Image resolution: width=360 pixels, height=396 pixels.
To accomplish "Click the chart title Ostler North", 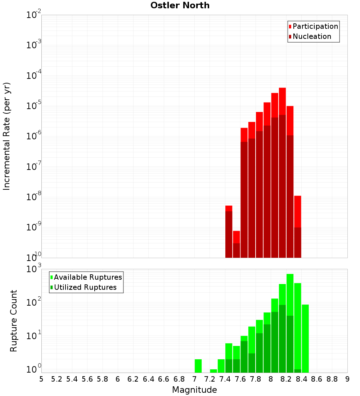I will [180, 5].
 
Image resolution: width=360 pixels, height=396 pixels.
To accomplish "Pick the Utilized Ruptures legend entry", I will [85, 287].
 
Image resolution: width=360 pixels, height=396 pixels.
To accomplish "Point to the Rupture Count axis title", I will [14, 320].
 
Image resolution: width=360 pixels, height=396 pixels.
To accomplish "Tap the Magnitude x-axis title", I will [194, 390].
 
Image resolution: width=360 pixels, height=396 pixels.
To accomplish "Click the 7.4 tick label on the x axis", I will [225, 379].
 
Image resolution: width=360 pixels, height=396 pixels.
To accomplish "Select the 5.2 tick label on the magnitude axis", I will [57, 379].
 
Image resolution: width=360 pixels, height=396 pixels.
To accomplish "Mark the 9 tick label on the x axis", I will [347, 379].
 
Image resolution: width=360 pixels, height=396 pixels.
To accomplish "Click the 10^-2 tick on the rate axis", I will [34, 15].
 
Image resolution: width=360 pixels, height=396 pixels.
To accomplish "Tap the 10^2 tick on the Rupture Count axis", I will [34, 302].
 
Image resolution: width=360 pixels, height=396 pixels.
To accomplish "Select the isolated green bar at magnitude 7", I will [198, 366].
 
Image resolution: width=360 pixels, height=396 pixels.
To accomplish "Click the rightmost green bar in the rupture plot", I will [305, 338].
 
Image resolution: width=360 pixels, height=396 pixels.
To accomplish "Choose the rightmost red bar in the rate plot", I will [297, 227].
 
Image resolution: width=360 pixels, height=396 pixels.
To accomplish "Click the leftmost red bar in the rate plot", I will [229, 232].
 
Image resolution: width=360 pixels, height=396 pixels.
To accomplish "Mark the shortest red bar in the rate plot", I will [236, 245].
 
